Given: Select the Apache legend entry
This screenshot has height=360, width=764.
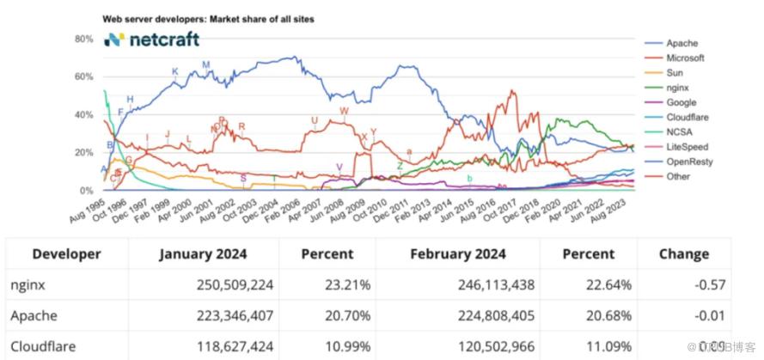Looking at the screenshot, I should (681, 42).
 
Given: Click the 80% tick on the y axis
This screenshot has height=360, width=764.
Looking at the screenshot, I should (83, 40).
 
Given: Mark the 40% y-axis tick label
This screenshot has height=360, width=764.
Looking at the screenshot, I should (83, 115).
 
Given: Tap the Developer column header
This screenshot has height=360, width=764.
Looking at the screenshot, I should (66, 254).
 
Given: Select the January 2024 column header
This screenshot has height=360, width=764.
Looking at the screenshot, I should (203, 254).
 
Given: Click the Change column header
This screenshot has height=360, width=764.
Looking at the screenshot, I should (683, 254).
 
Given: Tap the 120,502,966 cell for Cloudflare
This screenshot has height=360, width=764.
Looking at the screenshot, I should (487, 348).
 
